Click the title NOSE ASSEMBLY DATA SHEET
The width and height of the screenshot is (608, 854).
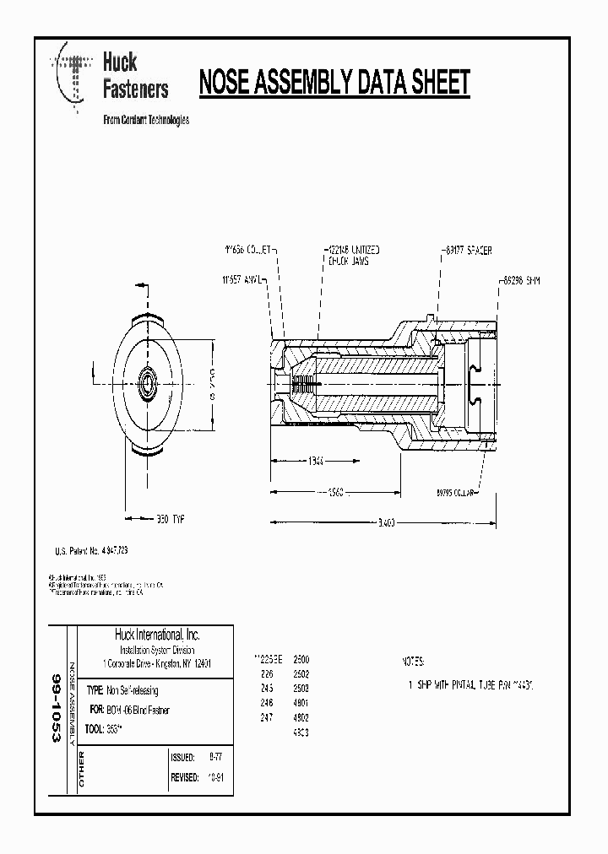pyautogui.click(x=334, y=83)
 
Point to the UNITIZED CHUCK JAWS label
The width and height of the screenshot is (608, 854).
pyautogui.click(x=354, y=256)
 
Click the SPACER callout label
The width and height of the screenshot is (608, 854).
pyautogui.click(x=467, y=251)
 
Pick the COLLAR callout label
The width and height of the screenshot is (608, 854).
pyautogui.click(x=457, y=490)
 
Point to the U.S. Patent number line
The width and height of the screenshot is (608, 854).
pyautogui.click(x=91, y=550)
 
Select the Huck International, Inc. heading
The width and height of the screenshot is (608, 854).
pyautogui.click(x=157, y=635)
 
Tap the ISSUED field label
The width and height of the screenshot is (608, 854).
pyautogui.click(x=183, y=757)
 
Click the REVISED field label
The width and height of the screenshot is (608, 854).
pyautogui.click(x=185, y=777)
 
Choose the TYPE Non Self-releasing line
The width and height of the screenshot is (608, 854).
pyautogui.click(x=128, y=689)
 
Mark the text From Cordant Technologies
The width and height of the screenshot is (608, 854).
pyautogui.click(x=145, y=120)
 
